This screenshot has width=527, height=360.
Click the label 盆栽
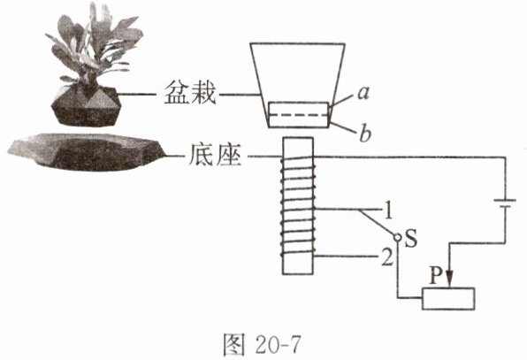(x=190, y=93)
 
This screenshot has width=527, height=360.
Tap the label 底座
(x=215, y=156)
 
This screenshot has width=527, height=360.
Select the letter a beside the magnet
(x=363, y=93)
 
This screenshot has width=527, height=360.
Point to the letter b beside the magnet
(x=364, y=133)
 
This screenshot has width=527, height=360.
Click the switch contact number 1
(x=388, y=211)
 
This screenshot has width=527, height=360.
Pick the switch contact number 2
(x=387, y=257)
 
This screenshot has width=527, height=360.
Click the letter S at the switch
(x=411, y=238)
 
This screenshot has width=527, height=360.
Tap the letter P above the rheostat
(x=436, y=276)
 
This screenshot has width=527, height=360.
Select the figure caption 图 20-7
(x=262, y=345)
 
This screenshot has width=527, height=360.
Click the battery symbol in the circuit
(x=505, y=203)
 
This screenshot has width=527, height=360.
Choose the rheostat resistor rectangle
(x=448, y=298)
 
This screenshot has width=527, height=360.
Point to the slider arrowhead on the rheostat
(x=450, y=280)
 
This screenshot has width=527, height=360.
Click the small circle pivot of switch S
(x=397, y=238)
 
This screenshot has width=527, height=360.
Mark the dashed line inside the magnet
(x=299, y=115)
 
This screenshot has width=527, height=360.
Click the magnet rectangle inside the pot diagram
(x=299, y=115)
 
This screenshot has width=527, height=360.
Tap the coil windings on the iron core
(x=298, y=206)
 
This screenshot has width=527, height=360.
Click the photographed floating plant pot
(x=85, y=106)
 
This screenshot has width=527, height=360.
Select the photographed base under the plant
(x=87, y=151)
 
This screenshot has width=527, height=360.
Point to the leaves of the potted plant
(x=94, y=47)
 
